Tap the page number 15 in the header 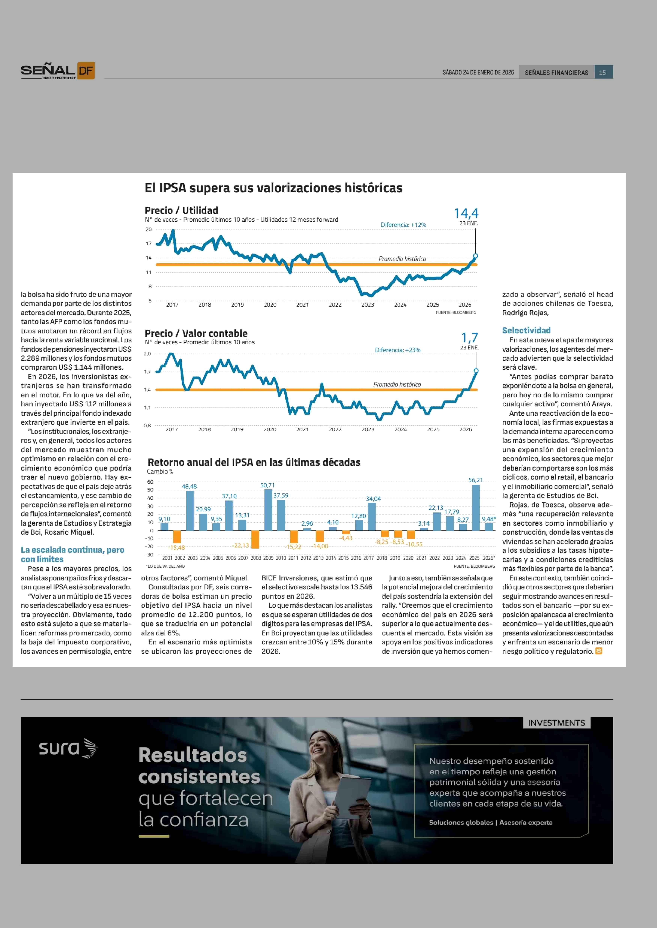[602, 72]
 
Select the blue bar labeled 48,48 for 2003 [190, 510]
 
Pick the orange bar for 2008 [255, 539]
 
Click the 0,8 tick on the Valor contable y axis [147, 425]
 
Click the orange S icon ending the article [599, 651]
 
